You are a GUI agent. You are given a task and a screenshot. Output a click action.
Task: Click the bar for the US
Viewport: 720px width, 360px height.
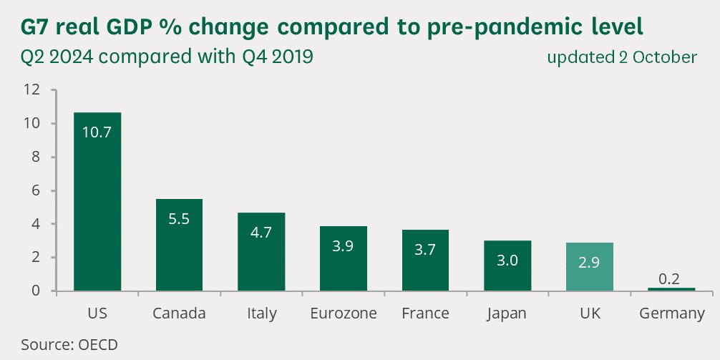(97, 201)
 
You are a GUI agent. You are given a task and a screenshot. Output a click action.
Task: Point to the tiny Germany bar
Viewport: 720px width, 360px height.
(671, 289)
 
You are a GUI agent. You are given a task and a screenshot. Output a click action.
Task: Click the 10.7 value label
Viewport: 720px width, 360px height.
(97, 132)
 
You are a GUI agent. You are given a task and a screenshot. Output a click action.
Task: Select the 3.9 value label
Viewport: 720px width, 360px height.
(343, 245)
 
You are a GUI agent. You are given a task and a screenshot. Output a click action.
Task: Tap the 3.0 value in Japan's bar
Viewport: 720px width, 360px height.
(507, 261)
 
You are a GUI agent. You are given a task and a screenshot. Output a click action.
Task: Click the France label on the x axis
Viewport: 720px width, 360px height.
(425, 313)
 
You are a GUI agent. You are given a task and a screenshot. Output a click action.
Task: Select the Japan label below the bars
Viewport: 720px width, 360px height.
(507, 313)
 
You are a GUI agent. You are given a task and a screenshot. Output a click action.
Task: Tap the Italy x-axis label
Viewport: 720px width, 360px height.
(261, 313)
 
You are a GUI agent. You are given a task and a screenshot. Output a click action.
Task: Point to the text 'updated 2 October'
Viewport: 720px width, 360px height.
(622, 57)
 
